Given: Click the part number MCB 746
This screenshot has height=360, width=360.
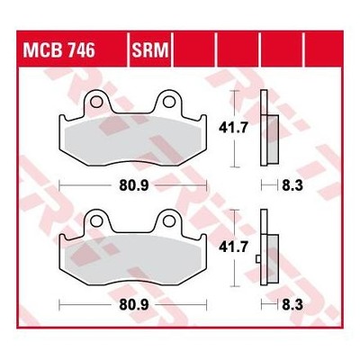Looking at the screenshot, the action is [59, 49].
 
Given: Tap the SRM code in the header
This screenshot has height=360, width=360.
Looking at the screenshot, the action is [150, 49].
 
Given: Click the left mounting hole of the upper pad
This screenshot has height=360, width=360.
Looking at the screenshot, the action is [96, 102].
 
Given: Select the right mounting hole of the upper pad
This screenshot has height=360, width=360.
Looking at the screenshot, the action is [169, 102].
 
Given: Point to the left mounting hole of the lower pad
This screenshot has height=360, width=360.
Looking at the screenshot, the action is [96, 221].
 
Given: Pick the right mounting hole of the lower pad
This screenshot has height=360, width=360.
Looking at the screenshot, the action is [169, 221].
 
